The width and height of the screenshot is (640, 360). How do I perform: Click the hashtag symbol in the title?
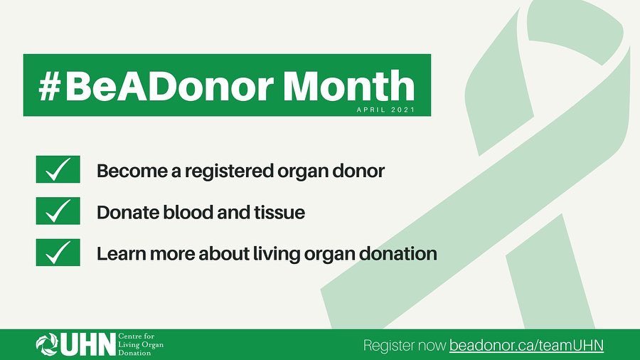(52, 85)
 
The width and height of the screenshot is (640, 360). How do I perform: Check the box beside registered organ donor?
(58, 170)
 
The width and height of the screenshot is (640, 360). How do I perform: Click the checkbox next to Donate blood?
(58, 211)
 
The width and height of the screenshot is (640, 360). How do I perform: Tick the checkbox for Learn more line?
(58, 252)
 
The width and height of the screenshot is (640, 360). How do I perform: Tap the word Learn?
(119, 253)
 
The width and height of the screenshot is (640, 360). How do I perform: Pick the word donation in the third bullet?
(401, 253)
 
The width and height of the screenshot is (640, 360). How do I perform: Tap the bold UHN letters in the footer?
(86, 345)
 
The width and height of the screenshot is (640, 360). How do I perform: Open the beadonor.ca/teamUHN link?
(526, 346)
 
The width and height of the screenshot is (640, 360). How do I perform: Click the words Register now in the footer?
(404, 346)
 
